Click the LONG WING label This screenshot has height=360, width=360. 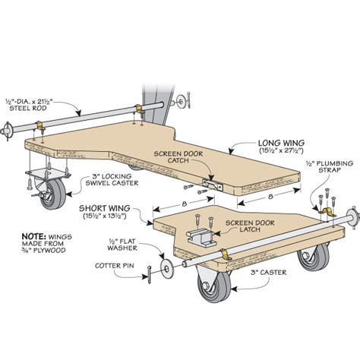tap(281, 143)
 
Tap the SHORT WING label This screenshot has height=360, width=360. tap(105, 208)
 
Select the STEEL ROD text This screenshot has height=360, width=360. tap(28, 109)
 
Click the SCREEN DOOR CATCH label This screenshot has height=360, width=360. tap(178, 157)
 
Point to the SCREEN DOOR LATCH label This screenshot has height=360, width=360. tap(250, 226)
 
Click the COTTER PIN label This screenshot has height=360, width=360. tap(115, 266)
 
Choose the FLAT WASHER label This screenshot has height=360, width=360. tap(122, 245)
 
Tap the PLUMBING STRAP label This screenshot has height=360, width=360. tap(330, 166)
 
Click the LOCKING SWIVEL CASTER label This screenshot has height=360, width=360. tap(112, 179)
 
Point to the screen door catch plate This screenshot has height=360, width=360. tap(213, 184)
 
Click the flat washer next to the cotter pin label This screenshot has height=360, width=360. tap(166, 268)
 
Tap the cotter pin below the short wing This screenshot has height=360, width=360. tap(150, 274)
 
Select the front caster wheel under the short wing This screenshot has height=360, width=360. tap(214, 283)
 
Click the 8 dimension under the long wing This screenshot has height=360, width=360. tap(270, 196)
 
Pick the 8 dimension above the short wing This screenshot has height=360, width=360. tap(184, 204)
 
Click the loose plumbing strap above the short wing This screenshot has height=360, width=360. tap(326, 212)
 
